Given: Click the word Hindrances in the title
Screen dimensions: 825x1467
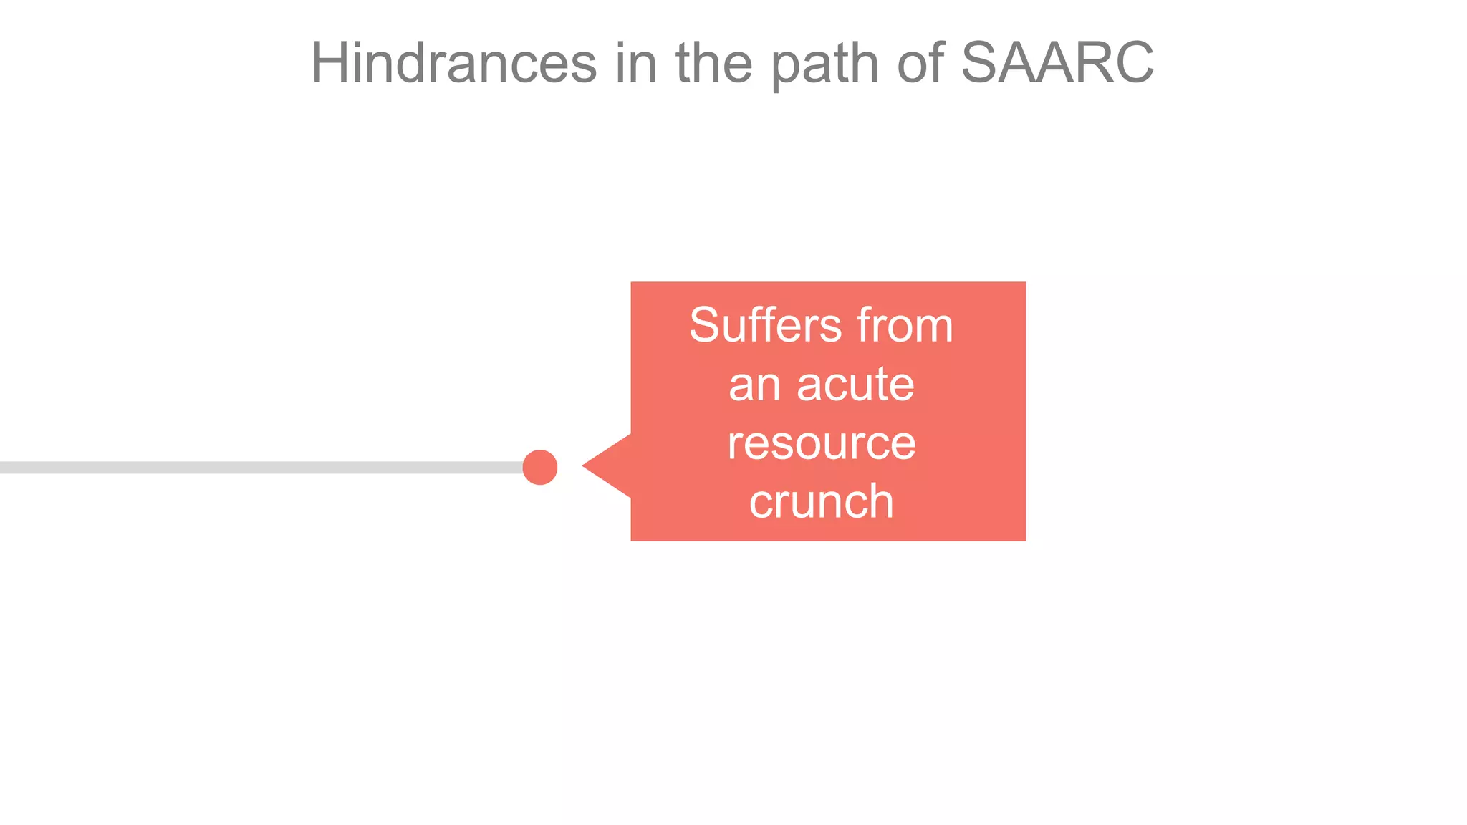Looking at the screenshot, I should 453,63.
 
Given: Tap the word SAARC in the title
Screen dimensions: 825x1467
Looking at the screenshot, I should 1057,63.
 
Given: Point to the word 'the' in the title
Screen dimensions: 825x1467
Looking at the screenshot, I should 713,63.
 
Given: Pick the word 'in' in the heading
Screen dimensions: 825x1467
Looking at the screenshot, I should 636,63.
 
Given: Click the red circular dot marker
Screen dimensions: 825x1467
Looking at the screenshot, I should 540,467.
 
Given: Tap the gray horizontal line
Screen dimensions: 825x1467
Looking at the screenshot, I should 258,468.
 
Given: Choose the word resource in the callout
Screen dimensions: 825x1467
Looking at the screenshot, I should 822,443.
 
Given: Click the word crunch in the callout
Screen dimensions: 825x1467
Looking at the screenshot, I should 822,501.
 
